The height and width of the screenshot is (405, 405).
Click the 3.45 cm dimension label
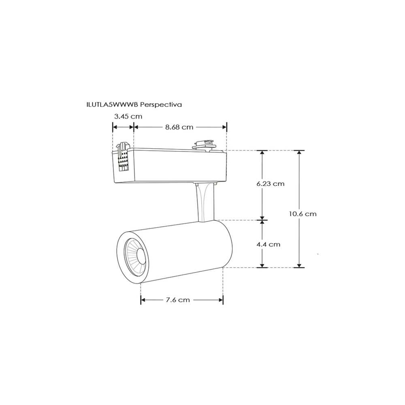pyautogui.click(x=128, y=116)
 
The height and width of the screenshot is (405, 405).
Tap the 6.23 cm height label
pyautogui.click(x=270, y=183)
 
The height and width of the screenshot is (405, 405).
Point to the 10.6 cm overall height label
pyautogui.click(x=303, y=213)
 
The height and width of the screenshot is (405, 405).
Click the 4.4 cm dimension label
pyautogui.click(x=268, y=244)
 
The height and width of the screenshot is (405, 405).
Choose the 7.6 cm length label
pyautogui.click(x=177, y=300)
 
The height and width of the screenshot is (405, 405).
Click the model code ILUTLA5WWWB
pyautogui.click(x=112, y=104)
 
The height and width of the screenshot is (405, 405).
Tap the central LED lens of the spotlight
pyautogui.click(x=141, y=256)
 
